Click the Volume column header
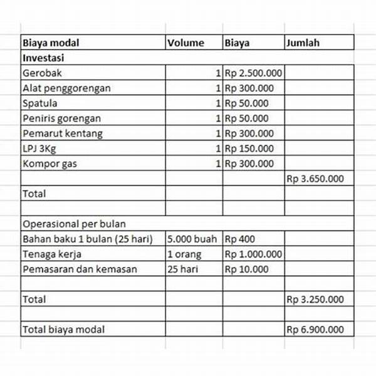click(185, 43)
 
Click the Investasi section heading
click(45, 58)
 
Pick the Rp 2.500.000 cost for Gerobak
click(253, 73)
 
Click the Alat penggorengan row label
click(66, 88)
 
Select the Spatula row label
click(39, 103)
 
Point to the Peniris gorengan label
click(61, 118)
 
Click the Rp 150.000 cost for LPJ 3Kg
click(249, 149)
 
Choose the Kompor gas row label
click(50, 164)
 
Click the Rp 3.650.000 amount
click(315, 179)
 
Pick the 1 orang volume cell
click(184, 254)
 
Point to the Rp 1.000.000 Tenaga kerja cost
click(253, 254)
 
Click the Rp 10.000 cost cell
click(247, 269)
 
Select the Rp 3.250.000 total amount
click(315, 300)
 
